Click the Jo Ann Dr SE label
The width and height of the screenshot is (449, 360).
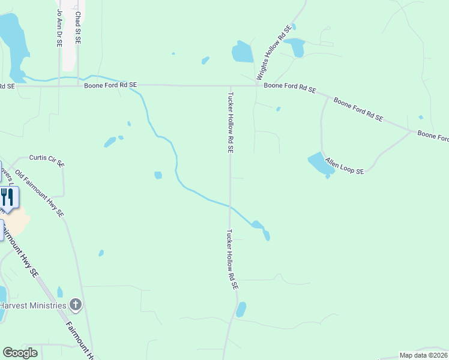coord(59,22)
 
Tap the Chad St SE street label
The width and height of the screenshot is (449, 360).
coord(77,28)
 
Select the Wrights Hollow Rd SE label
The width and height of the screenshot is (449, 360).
coord(274,53)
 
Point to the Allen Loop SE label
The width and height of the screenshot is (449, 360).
coord(345,166)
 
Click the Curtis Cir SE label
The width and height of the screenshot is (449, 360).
coord(47,160)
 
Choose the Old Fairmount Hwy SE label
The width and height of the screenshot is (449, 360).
coord(40,193)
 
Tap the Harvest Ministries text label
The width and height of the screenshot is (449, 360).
coord(32,305)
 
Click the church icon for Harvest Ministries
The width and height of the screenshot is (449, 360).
coord(75,305)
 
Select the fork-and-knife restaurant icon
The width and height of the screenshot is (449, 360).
coord(7,197)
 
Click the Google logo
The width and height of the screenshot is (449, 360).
coord(20,353)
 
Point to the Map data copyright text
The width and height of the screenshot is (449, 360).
coord(423,355)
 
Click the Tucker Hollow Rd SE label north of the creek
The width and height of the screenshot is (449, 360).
coord(230,122)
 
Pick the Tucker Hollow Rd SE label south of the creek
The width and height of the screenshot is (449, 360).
coord(232,260)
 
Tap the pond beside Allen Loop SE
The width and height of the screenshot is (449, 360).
coord(321,164)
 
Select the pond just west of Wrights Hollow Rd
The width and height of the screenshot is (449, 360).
coord(243,52)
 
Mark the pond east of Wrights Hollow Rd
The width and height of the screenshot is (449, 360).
coord(295,47)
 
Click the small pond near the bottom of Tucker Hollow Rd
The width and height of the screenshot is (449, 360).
coord(241,309)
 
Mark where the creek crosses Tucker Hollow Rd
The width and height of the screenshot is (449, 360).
coord(229,206)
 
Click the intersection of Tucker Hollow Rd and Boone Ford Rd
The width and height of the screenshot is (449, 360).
coord(229,86)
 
